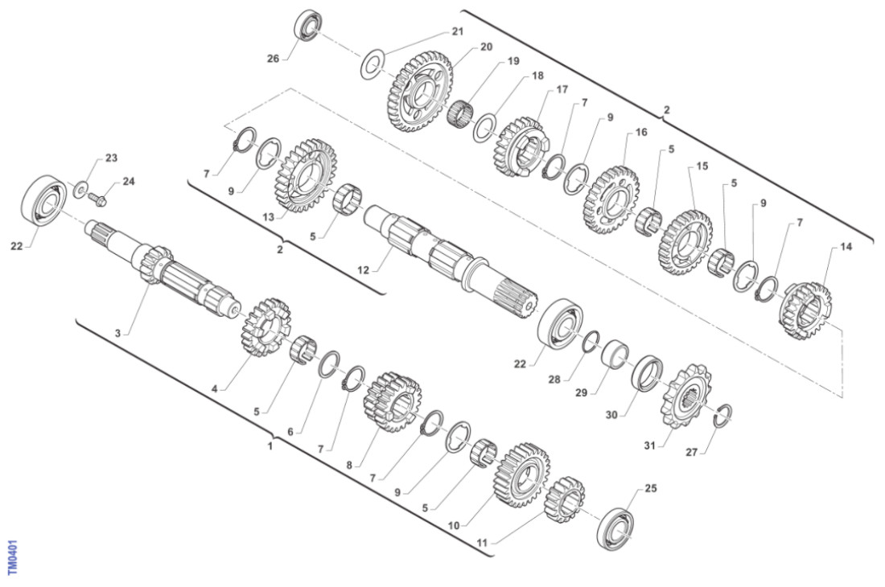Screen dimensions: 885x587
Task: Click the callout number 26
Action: click(x=273, y=59)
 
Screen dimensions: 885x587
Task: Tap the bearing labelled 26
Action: click(x=309, y=26)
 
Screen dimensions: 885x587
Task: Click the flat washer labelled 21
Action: click(x=373, y=65)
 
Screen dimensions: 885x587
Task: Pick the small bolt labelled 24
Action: click(x=97, y=197)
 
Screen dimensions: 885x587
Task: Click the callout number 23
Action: click(x=111, y=158)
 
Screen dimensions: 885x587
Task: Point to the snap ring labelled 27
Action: click(x=723, y=417)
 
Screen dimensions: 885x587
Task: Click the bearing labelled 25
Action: click(x=615, y=528)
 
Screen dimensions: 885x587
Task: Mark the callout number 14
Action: click(x=846, y=247)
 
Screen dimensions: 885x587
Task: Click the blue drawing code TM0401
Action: click(x=13, y=558)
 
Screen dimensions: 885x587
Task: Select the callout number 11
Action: click(x=481, y=544)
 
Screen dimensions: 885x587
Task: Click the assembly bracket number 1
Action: click(x=270, y=446)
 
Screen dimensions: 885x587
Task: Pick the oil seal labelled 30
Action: click(x=648, y=373)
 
